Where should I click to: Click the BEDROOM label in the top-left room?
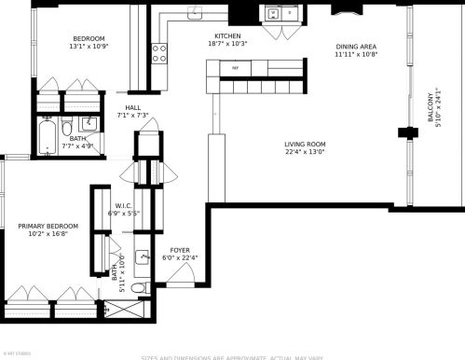(x=89, y=38)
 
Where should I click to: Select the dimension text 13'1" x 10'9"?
(x=89, y=47)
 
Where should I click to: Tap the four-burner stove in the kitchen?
(x=158, y=53)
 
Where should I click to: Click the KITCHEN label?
(x=228, y=35)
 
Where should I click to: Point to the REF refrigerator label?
(x=235, y=68)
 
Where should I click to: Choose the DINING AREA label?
(x=356, y=46)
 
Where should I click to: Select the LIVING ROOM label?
(x=305, y=144)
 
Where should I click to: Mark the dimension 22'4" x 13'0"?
(x=305, y=153)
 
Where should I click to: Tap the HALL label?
(x=133, y=107)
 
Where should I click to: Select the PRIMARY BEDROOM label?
(x=48, y=226)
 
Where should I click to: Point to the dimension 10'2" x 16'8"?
(x=48, y=235)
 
